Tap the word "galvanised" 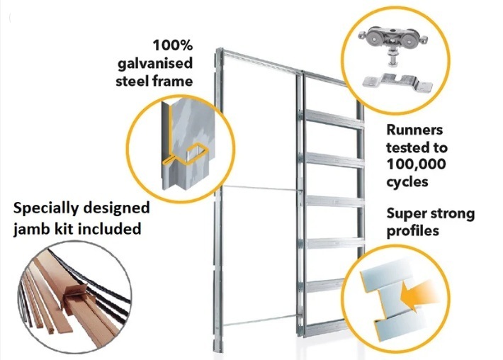point(153,63)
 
